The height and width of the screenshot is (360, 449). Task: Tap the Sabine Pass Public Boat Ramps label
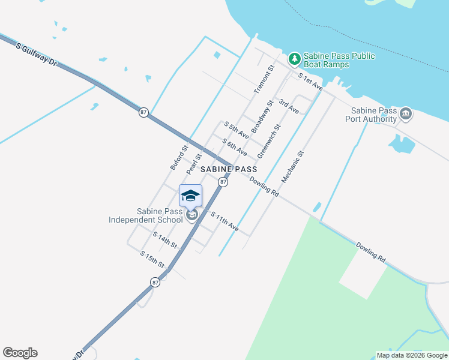(x=339, y=60)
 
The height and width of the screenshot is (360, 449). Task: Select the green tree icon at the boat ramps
(x=294, y=58)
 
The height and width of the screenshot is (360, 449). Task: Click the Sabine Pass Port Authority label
(x=371, y=115)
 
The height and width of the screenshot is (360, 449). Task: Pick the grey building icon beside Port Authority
(x=406, y=113)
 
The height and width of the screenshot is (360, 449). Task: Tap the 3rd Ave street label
(x=289, y=107)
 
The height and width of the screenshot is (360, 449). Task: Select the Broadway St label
(x=262, y=116)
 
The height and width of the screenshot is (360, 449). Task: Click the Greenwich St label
(x=269, y=142)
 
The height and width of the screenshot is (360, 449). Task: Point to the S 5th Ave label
(x=236, y=131)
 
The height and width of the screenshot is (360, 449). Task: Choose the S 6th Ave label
(x=234, y=147)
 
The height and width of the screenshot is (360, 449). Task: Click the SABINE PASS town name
(x=229, y=170)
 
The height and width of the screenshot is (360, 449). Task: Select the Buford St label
(x=179, y=157)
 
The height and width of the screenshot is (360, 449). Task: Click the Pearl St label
(x=194, y=164)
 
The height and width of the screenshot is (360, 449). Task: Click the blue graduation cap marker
(x=190, y=196)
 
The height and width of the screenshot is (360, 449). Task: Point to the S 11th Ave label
(x=224, y=222)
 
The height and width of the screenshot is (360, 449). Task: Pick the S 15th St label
(x=152, y=259)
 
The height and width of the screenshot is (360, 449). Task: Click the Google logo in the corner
(x=20, y=353)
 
